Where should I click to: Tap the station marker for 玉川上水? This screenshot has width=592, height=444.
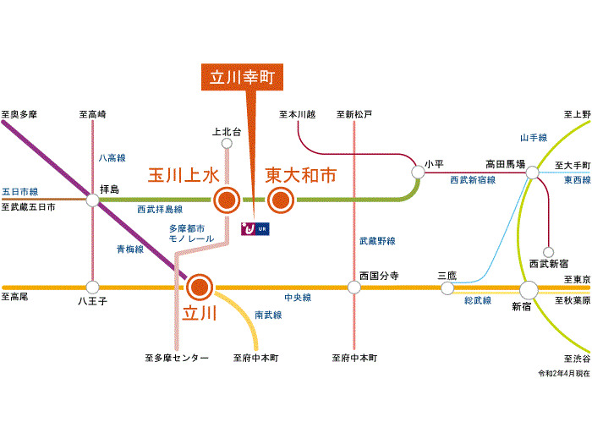(226, 201)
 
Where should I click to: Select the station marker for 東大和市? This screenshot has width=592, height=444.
(280, 201)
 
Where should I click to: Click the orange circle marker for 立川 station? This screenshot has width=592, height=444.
(200, 288)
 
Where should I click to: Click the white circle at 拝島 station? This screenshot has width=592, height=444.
(92, 200)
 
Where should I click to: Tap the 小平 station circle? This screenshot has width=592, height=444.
(418, 172)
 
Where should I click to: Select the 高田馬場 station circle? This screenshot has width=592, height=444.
(533, 173)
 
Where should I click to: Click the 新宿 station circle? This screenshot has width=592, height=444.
(529, 289)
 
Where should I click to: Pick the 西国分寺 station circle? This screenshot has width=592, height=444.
(354, 288)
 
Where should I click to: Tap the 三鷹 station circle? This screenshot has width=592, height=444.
(447, 288)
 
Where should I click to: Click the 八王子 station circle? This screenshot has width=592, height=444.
(92, 288)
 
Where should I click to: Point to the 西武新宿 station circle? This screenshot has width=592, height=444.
(549, 251)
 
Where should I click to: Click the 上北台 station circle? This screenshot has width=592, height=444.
(226, 145)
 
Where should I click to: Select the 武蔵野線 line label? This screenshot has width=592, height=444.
(376, 241)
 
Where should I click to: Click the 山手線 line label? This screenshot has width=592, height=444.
(534, 137)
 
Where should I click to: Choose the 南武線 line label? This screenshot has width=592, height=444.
(268, 315)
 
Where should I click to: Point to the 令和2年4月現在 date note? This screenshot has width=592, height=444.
(563, 373)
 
